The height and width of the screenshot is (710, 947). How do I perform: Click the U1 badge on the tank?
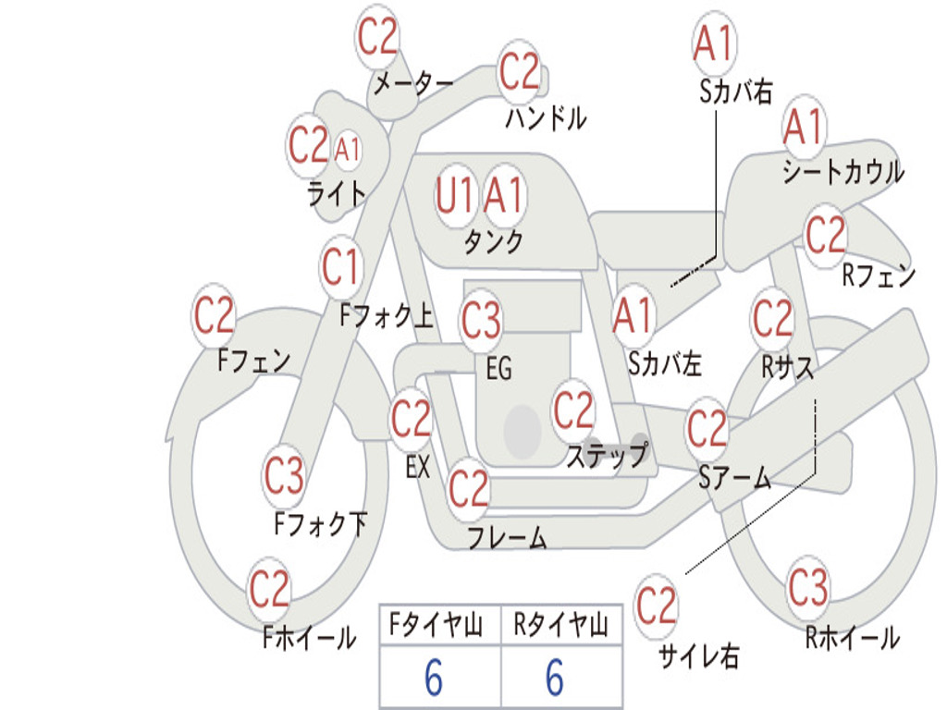pos(455,196)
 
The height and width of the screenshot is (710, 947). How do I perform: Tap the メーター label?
pos(413,83)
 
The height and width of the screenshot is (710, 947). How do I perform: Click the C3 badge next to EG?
pos(481,320)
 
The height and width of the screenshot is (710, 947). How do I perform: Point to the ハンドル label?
pos(546,117)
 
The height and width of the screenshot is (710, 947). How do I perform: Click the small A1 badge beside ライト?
pos(348,149)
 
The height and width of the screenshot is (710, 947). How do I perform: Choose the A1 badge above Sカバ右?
pos(715,43)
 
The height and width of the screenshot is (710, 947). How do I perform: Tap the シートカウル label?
pos(843,171)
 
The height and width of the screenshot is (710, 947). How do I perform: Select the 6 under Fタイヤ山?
pos(434,678)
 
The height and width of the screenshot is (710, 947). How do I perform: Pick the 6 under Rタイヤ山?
pos(555,678)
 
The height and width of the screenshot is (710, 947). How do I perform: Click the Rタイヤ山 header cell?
pos(561,625)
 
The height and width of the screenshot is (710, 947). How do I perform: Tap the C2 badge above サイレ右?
pos(657,606)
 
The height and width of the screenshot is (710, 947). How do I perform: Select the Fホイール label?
pos(309,638)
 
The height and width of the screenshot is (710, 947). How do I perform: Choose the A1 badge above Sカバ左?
pos(633,316)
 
